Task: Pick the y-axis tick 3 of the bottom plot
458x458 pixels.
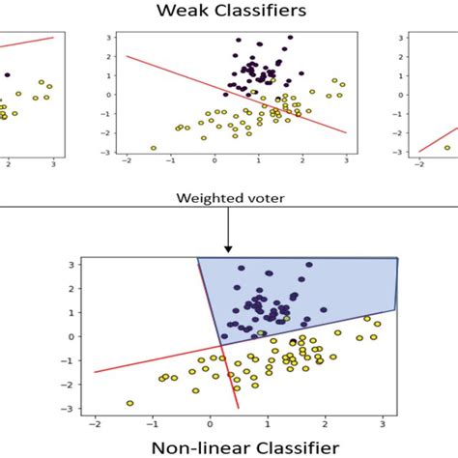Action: tap(71, 264)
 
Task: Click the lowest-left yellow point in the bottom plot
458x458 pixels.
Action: tap(129, 403)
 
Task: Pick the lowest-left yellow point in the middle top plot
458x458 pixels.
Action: tap(154, 148)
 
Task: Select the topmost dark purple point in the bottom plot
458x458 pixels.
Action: tap(309, 264)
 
